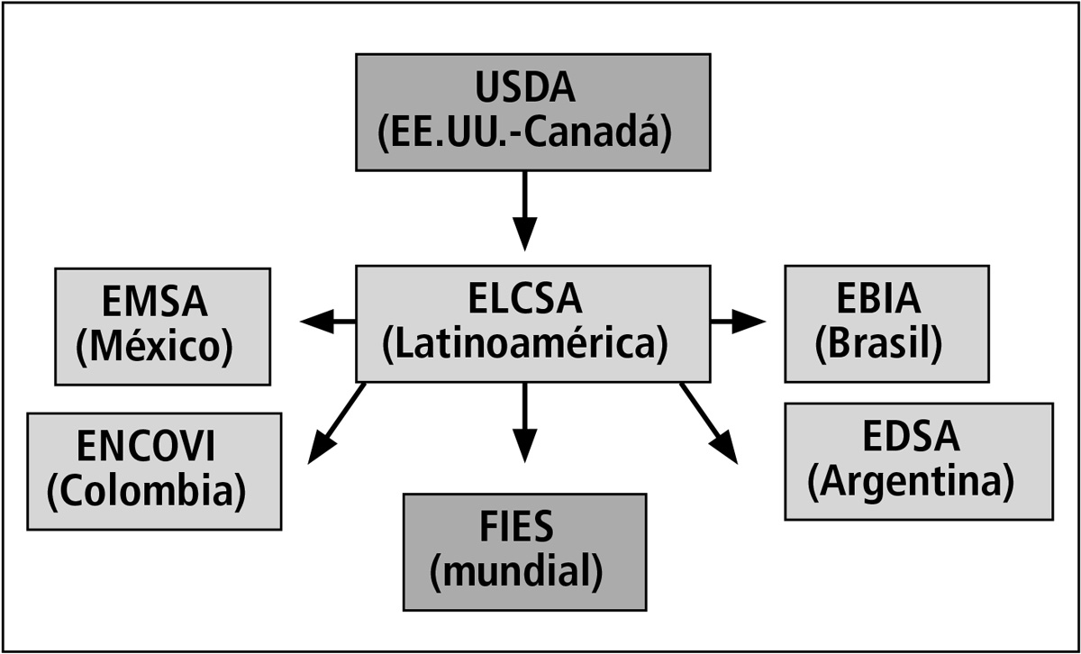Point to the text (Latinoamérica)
tap(525, 345)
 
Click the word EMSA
tap(155, 304)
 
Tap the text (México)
tap(155, 348)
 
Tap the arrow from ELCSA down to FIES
tap(523, 423)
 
